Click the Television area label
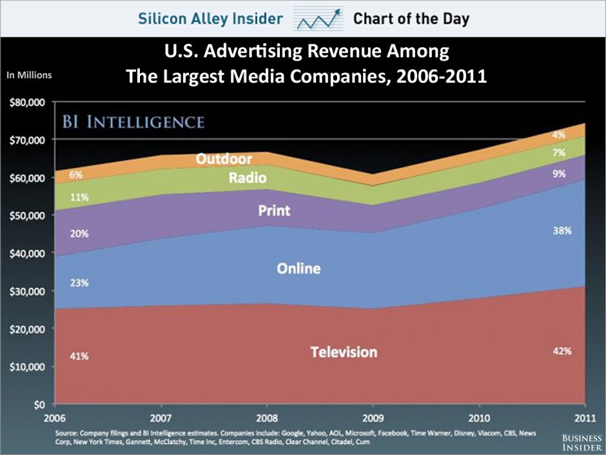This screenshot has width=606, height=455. pos(344,352)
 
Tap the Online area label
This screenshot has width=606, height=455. pos(298,268)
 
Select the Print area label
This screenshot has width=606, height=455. pos(274,210)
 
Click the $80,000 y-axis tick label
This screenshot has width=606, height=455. pos(26,102)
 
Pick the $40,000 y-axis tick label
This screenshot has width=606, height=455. pos(26,253)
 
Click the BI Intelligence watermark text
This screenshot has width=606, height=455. pos(134,121)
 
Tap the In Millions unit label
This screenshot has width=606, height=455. pos(28,75)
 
